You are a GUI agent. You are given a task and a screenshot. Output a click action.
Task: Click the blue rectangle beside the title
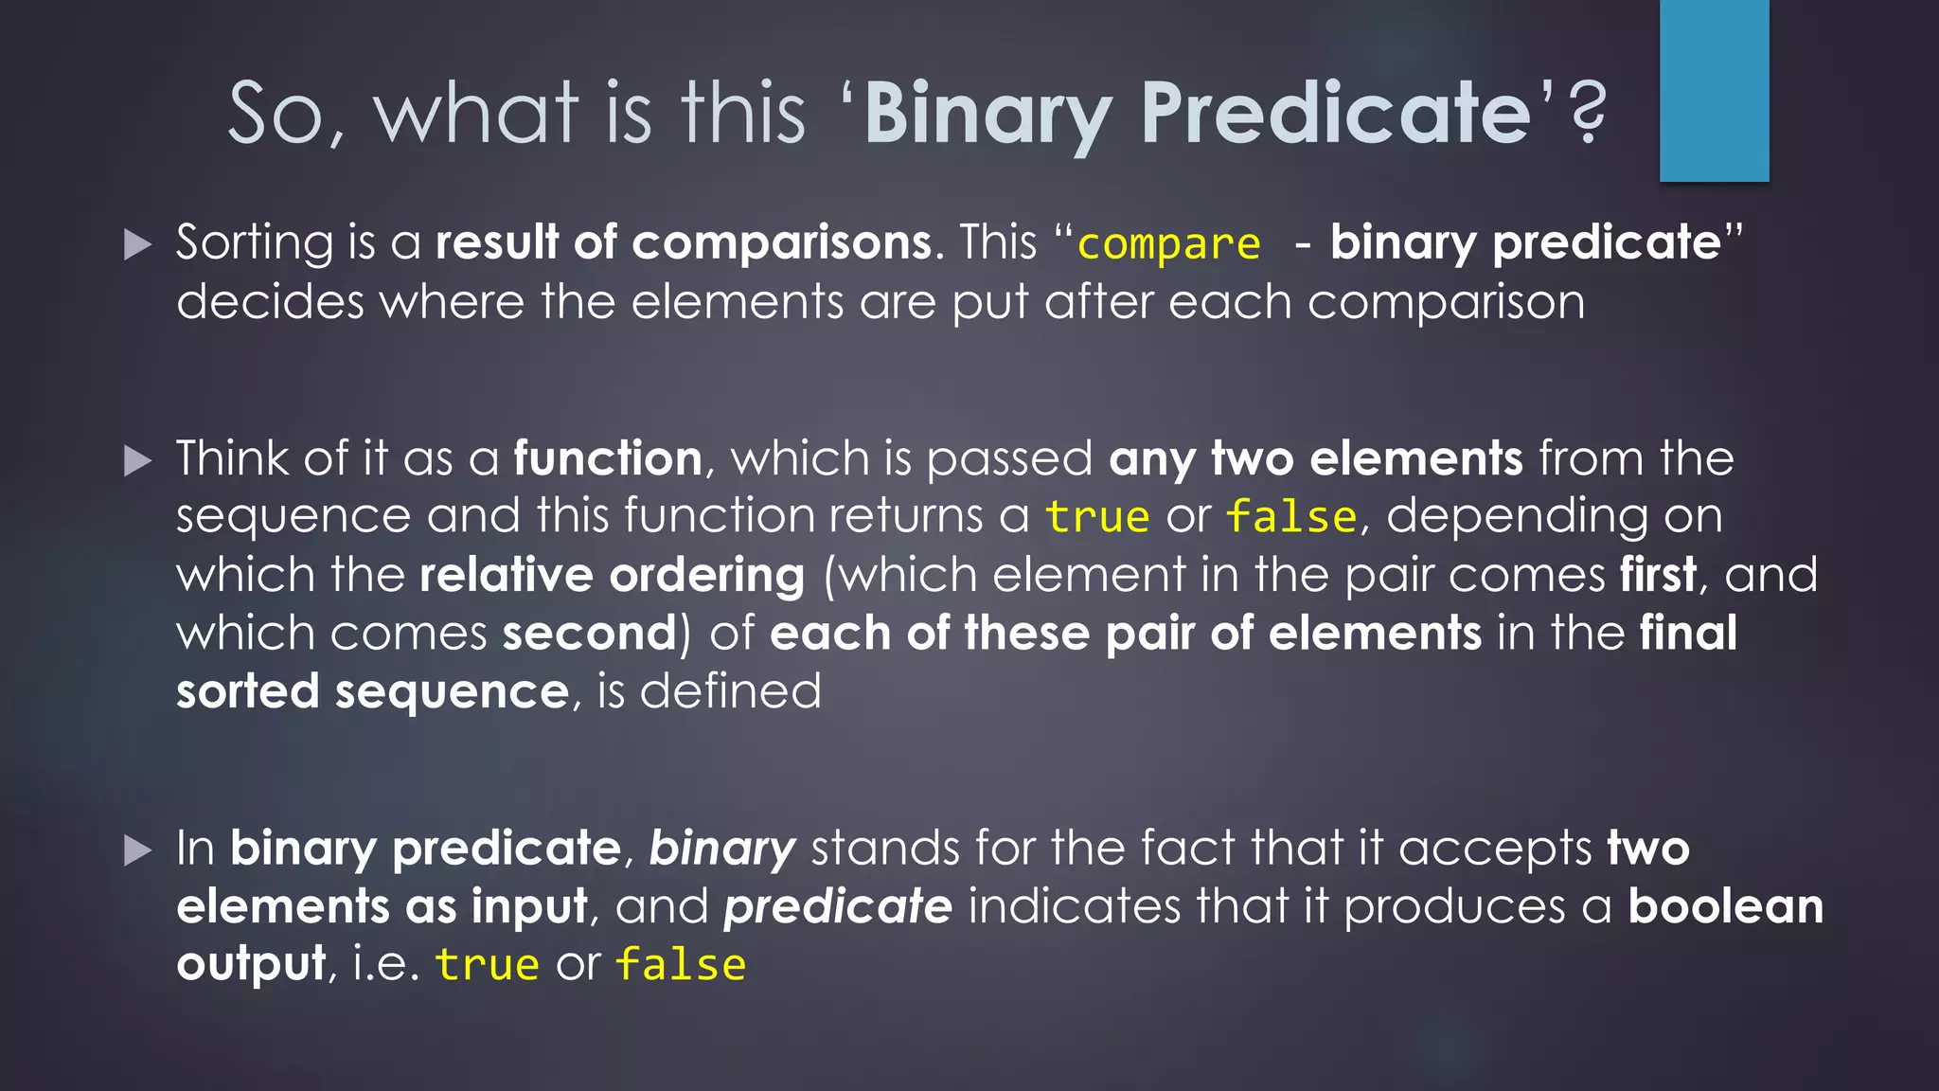point(1714,91)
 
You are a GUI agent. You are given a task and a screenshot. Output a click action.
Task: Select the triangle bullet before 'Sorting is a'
point(138,245)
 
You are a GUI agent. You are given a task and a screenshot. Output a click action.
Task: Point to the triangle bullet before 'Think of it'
point(138,461)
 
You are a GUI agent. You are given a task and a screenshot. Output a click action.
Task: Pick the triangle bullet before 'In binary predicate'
point(138,850)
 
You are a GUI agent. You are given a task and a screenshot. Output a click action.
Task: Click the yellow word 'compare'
point(1168,244)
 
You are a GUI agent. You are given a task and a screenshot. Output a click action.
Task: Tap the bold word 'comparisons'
point(781,242)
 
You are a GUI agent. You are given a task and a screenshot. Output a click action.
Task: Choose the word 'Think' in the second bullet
point(232,458)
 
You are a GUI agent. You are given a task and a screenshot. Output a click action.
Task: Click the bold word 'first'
point(1657,575)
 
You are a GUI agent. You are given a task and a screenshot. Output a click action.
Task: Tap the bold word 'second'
point(590,633)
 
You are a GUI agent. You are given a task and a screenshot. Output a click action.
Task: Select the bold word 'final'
point(1688,633)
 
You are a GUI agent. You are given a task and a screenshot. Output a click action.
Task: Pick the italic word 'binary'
point(721,849)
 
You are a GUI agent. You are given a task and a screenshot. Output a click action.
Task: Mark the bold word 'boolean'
point(1725,906)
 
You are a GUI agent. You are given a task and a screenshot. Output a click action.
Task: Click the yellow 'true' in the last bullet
point(487,964)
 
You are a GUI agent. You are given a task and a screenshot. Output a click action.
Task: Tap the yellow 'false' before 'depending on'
point(1291,517)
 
